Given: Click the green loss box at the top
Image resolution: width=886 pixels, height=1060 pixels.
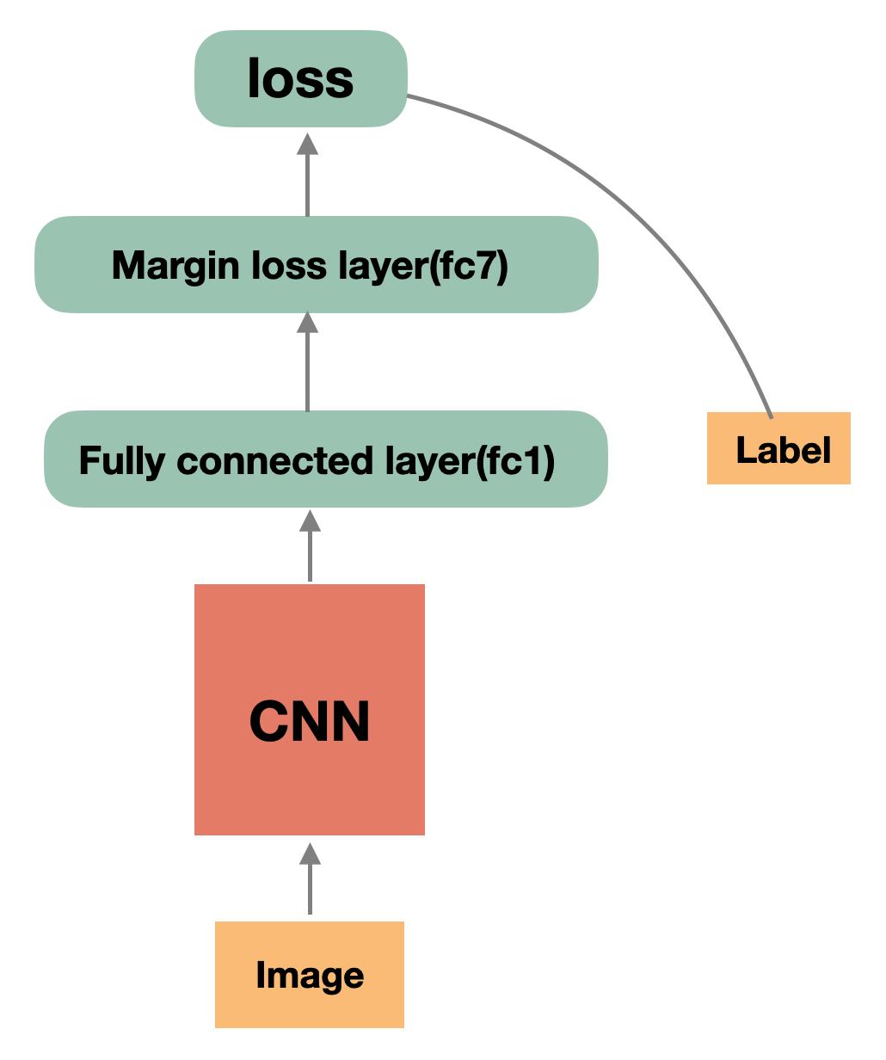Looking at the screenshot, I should (x=300, y=79).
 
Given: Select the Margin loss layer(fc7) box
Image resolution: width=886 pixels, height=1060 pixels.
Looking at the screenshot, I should (x=316, y=265).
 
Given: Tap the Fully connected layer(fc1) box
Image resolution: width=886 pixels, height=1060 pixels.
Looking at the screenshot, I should (x=325, y=459).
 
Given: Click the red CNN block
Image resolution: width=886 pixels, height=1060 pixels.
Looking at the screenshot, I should (x=310, y=709).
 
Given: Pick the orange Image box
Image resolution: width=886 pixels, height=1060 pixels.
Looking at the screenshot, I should (x=310, y=974).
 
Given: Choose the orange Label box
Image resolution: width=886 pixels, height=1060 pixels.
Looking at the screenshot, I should (x=778, y=448).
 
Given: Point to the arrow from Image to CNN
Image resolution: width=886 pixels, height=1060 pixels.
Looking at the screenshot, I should (x=310, y=879).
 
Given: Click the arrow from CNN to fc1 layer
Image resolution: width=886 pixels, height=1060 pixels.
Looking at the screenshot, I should (x=310, y=545).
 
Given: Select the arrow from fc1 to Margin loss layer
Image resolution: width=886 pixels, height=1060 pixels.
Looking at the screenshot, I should (x=308, y=361).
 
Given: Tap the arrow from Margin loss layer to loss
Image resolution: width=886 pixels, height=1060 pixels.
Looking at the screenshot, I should (x=308, y=176).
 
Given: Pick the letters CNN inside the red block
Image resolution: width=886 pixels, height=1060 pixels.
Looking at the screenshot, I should (x=310, y=722).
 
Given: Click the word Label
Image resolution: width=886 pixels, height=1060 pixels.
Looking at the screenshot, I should (x=784, y=450).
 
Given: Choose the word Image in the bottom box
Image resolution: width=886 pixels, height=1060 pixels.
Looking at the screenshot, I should (x=310, y=975).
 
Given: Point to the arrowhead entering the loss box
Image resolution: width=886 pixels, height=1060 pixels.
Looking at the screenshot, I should (x=308, y=144).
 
